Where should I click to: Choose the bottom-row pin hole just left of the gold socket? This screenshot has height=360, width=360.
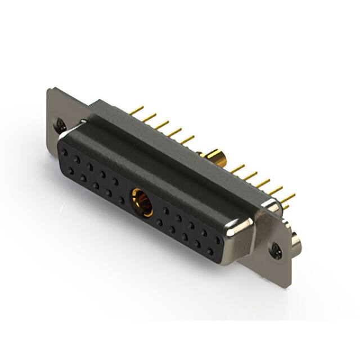click(121, 199)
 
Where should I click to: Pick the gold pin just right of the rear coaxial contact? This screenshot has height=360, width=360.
click(236, 168)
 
